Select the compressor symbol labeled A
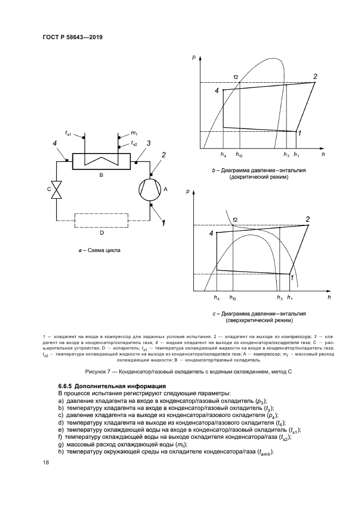coord(151,189)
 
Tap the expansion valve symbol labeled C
coord(56,189)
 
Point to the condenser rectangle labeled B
coord(102,161)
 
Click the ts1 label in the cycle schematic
coord(69,133)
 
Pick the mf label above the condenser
coord(133,132)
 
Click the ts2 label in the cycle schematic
coord(134,144)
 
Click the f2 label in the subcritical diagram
coord(236,76)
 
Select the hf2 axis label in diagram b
coord(240,155)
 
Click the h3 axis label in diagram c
coord(279,298)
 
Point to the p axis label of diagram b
coord(194,56)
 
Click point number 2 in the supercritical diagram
coord(308,219)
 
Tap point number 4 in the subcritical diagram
coord(217,91)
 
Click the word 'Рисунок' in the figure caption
coord(98,372)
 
